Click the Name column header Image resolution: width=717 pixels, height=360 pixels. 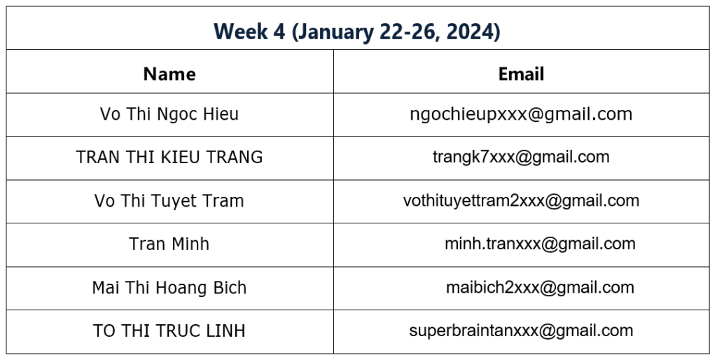coord(169,74)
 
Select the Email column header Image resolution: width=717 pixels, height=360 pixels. coord(521,74)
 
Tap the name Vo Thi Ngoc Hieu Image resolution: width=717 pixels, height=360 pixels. coord(169,114)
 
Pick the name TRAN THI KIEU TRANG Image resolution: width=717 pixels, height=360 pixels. coord(169,157)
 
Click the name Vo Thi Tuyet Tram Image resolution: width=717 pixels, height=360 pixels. coord(169,201)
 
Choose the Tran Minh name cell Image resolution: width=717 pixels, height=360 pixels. coord(169,244)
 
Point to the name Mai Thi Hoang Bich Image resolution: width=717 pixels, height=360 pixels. coord(169,287)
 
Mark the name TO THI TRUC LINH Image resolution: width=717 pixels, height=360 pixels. coord(169,331)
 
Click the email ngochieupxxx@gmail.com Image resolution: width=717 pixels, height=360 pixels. coord(521,114)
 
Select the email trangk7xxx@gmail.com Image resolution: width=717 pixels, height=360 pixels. coord(521,158)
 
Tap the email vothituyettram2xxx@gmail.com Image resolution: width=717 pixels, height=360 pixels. coord(521,201)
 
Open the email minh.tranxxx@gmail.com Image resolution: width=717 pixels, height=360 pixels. coord(540,244)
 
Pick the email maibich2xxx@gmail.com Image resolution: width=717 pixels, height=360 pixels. coord(540,287)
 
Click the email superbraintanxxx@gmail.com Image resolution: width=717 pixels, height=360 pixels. coord(521,331)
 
